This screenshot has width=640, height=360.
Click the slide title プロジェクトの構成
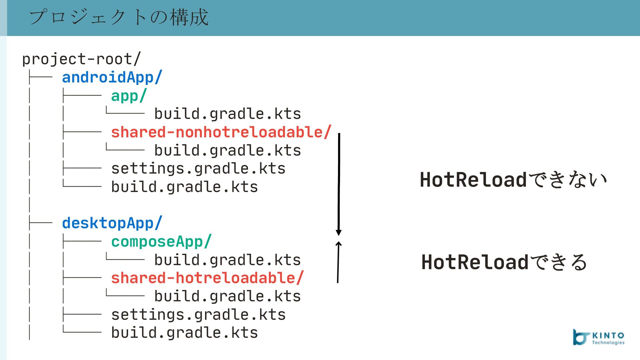[119, 17]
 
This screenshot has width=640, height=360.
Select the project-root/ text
[82, 59]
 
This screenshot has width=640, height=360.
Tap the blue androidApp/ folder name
[112, 77]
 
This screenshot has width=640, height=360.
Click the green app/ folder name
[129, 96]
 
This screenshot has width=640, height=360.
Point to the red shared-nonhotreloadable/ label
[221, 132]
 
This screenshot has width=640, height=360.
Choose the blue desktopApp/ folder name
[112, 223]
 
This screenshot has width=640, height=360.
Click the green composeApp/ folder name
[161, 242]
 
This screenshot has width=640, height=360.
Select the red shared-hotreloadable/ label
[207, 278]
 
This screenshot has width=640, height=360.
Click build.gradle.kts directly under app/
[228, 114]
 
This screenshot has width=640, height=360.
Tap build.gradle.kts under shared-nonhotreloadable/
[228, 150]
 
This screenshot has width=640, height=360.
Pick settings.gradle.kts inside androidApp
[198, 169]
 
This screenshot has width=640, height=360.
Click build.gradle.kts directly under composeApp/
[228, 260]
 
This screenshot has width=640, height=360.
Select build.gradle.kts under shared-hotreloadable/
[228, 296]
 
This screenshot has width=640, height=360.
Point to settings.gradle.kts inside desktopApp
[198, 315]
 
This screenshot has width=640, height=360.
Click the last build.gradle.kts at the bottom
[184, 333]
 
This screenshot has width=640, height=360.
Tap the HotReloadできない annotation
[513, 180]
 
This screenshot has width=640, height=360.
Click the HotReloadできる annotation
[504, 262]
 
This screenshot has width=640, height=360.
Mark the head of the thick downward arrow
[339, 232]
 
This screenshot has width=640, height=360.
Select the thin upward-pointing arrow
[338, 262]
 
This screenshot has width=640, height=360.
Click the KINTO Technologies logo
[599, 337]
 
